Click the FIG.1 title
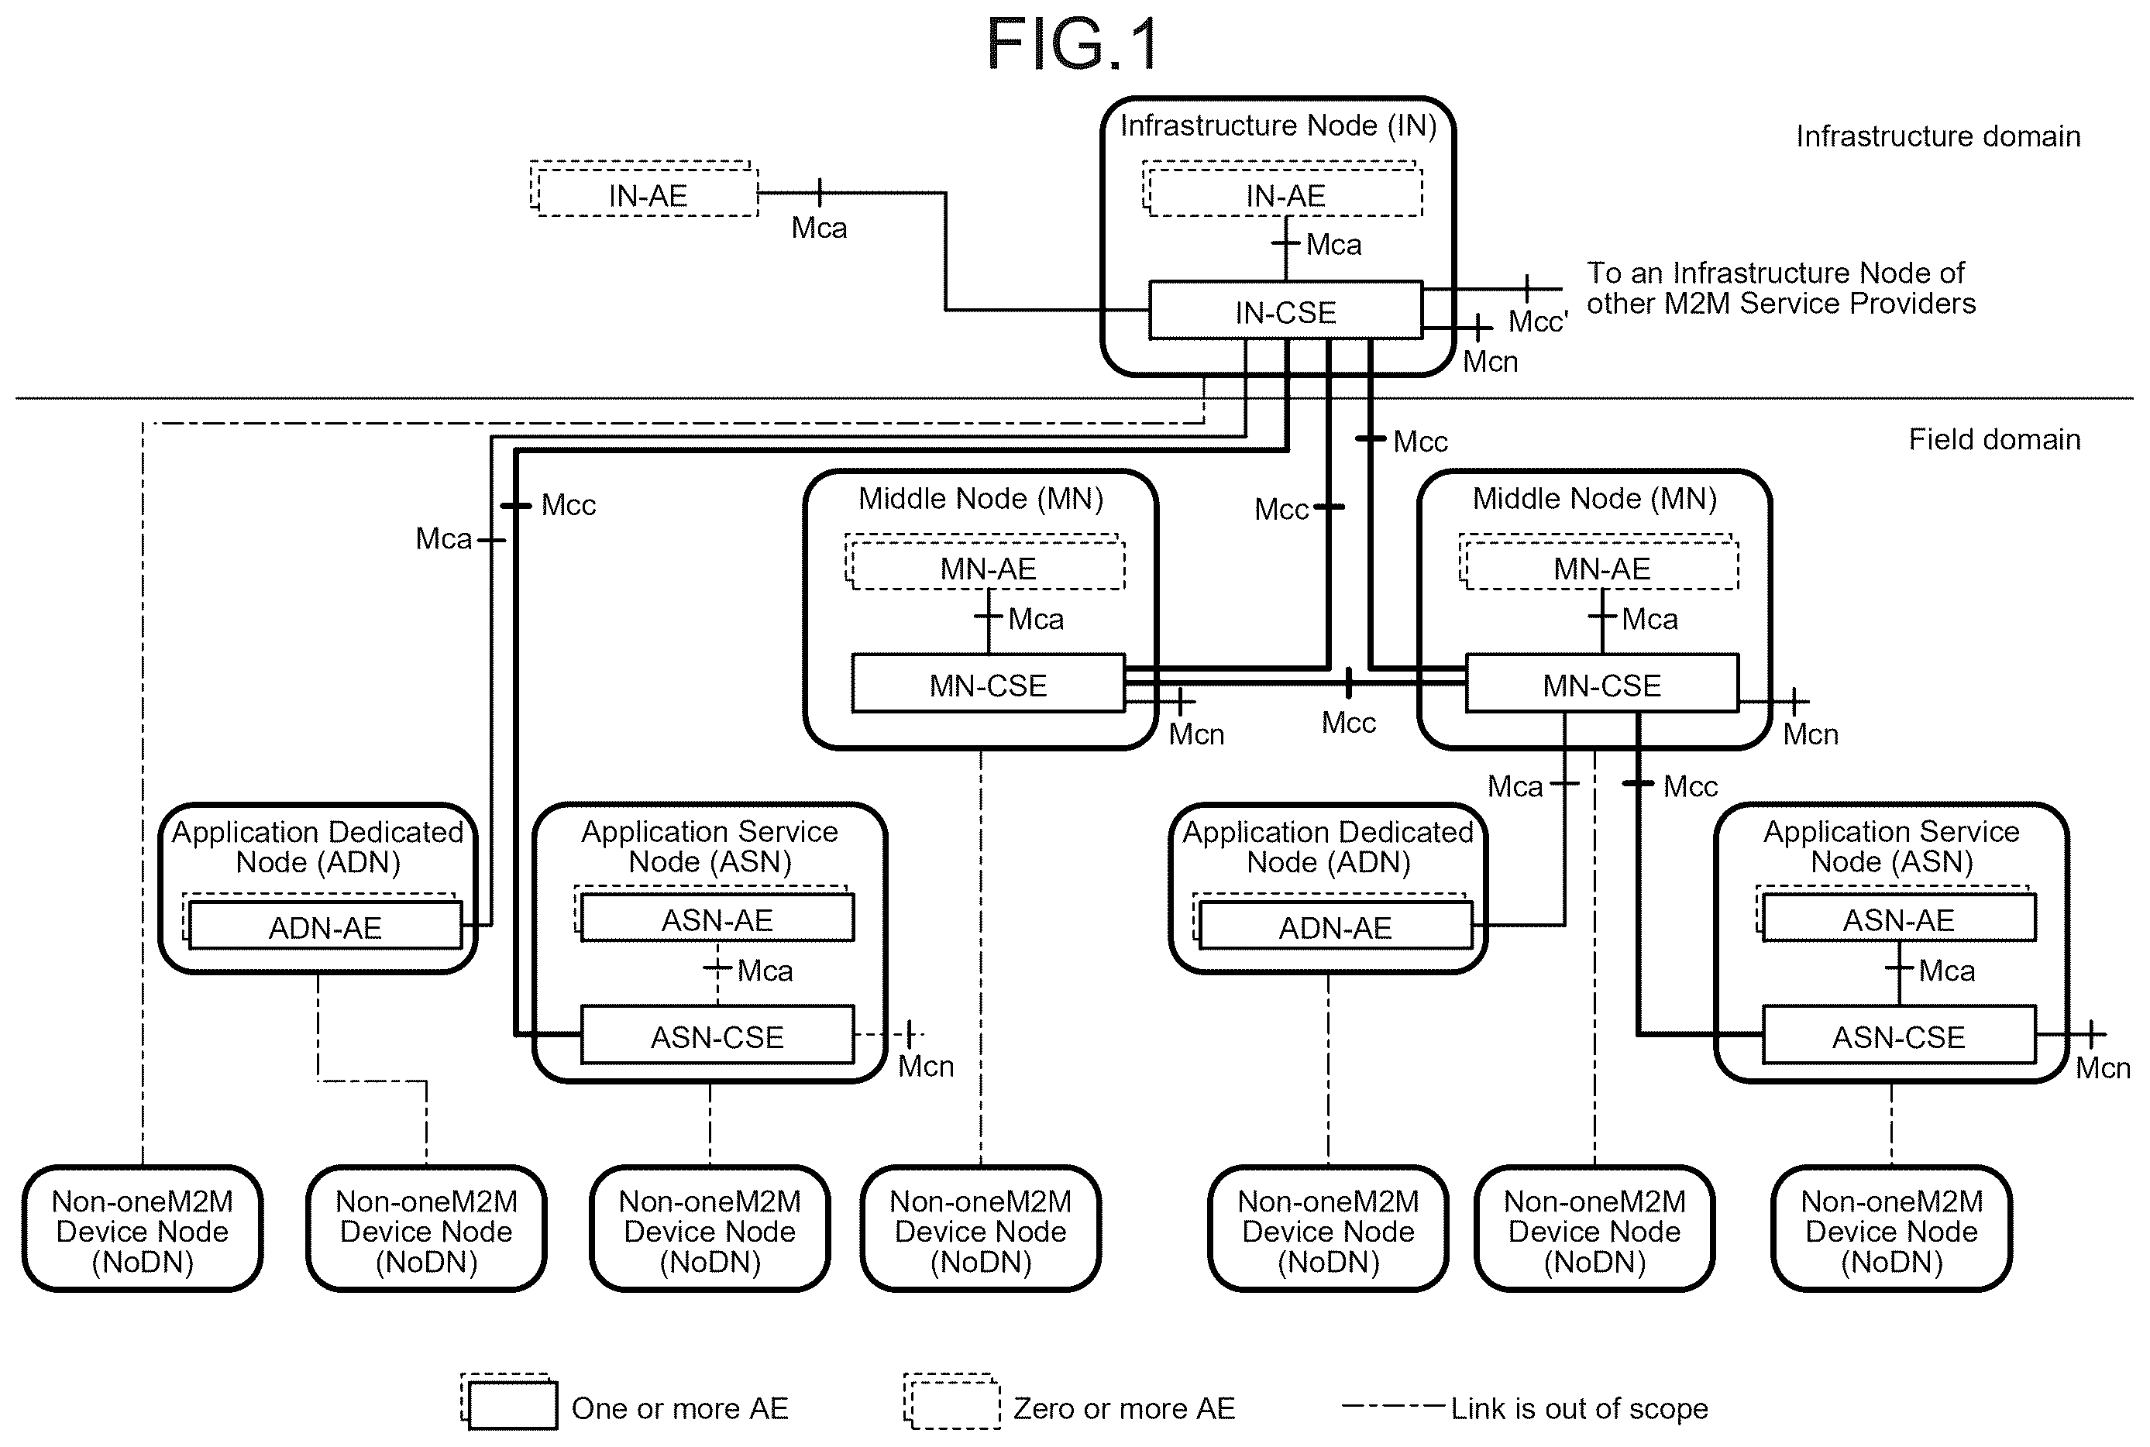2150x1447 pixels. [1072, 44]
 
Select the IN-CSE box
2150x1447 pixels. [1285, 311]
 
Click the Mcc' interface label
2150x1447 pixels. [1537, 321]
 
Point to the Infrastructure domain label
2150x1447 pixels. [1938, 136]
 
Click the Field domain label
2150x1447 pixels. [1994, 439]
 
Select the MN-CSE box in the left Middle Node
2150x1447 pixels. [989, 684]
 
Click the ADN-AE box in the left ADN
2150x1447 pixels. [325, 925]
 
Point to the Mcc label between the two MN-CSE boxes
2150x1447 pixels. [1348, 723]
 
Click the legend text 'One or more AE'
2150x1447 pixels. [680, 1408]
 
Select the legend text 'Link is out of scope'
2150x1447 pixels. [1579, 1408]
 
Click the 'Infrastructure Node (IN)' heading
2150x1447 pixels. [1278, 125]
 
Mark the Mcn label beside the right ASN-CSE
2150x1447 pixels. [2103, 1067]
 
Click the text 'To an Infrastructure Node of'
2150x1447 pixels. [1775, 273]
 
